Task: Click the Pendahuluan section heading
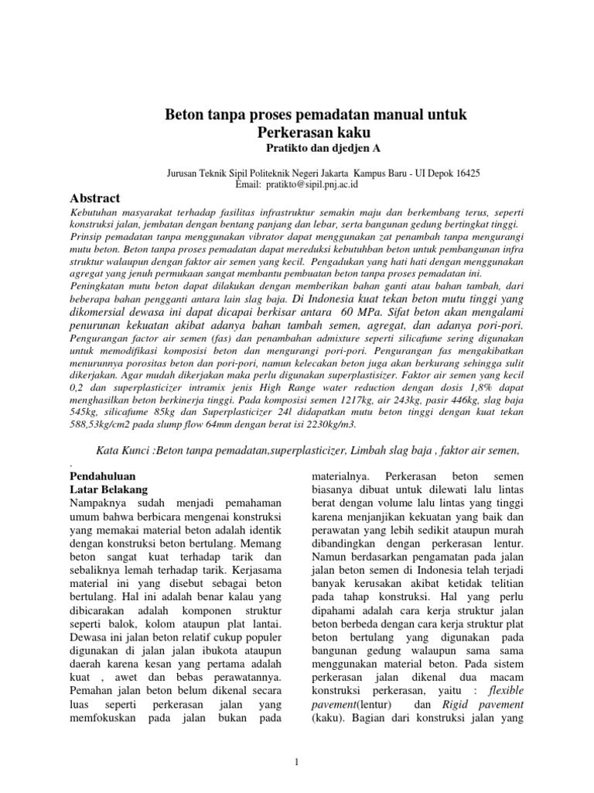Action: (99, 475)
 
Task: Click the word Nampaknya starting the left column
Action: (100, 504)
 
